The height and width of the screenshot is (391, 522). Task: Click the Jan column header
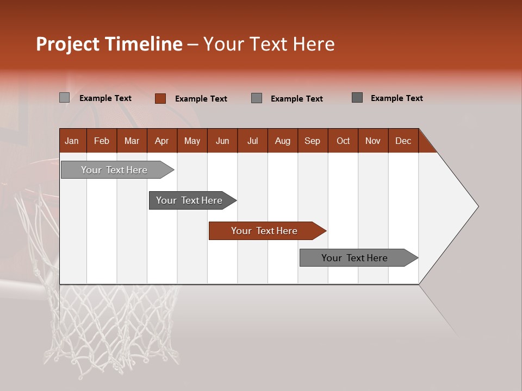click(72, 141)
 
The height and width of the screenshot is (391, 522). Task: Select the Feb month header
click(102, 141)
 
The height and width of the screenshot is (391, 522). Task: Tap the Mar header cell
click(132, 141)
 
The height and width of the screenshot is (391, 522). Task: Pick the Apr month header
click(162, 141)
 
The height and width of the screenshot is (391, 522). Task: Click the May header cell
click(192, 141)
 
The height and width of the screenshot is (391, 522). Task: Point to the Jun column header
click(222, 141)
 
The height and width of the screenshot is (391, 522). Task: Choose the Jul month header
click(252, 141)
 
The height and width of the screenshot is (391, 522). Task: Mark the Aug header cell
click(283, 141)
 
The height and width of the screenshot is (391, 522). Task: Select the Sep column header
click(313, 141)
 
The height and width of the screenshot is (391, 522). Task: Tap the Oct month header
click(343, 141)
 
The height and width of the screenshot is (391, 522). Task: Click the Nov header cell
click(373, 141)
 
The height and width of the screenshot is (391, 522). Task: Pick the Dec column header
click(403, 141)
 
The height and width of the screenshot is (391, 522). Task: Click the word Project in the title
click(68, 44)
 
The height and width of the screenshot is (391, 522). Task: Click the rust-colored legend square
click(160, 98)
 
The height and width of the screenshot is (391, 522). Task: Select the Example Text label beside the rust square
click(201, 99)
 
